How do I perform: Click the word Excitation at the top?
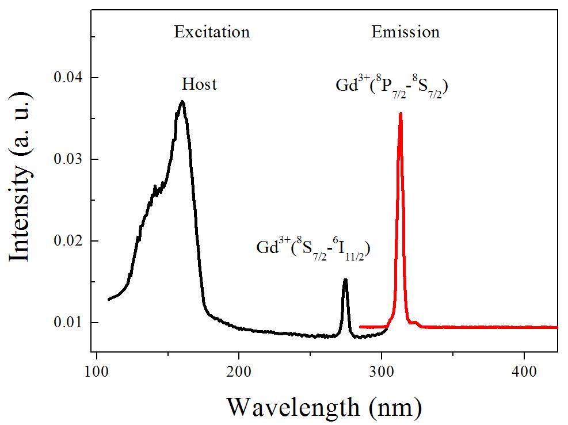(212, 32)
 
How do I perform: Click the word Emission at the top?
(405, 32)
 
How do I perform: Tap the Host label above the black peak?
(199, 85)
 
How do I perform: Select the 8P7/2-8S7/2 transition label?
(392, 87)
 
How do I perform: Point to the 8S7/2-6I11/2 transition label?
(312, 248)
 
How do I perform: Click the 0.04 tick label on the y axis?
(68, 78)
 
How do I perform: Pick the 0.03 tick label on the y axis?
(68, 159)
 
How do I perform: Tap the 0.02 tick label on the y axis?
(68, 241)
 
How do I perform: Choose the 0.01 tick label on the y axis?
(68, 323)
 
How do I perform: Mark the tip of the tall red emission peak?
(400, 113)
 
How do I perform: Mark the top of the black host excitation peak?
(182, 101)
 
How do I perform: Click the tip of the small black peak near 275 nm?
(345, 279)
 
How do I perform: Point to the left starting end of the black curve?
(109, 299)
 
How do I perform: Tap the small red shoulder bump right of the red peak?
(415, 322)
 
